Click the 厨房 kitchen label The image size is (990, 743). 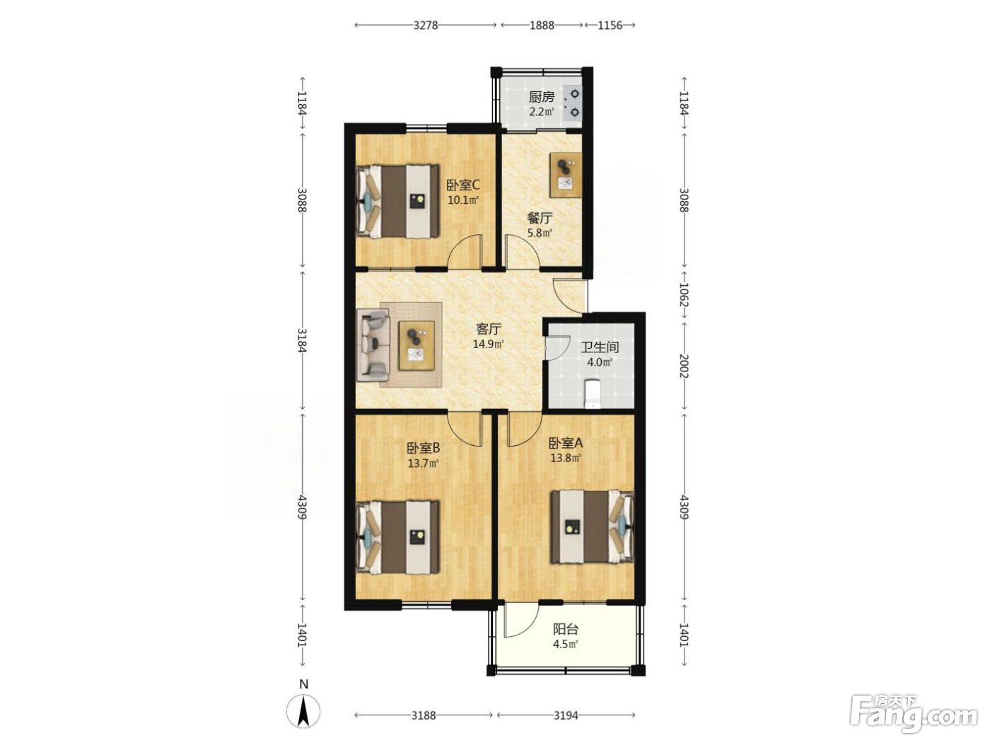[x=541, y=97]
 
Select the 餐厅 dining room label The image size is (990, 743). [x=540, y=219]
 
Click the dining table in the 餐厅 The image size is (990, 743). [x=565, y=175]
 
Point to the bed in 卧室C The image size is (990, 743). [x=397, y=201]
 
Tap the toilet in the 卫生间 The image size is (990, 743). [x=591, y=393]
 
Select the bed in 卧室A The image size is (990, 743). [x=592, y=527]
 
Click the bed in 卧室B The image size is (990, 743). [x=397, y=537]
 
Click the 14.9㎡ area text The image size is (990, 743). [x=489, y=344]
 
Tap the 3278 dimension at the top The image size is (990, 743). [x=426, y=25]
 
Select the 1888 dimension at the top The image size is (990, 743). [x=542, y=25]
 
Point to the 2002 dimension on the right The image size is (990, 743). [x=684, y=367]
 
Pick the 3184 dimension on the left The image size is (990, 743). [x=302, y=341]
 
